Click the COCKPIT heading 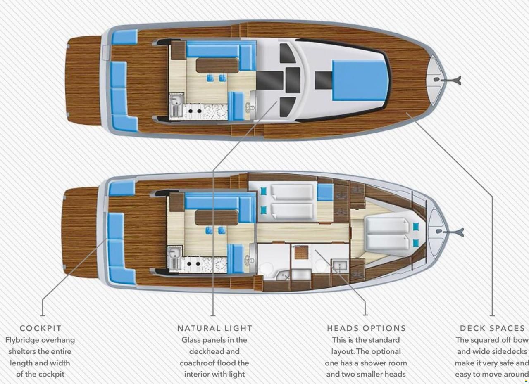click(x=41, y=328)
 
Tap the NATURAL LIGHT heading click(x=214, y=328)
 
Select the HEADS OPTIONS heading click(x=366, y=328)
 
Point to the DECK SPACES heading click(x=492, y=328)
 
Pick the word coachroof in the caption click(x=198, y=363)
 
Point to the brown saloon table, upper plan click(x=217, y=66)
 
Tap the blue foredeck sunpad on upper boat click(x=360, y=80)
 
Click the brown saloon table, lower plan click(x=217, y=218)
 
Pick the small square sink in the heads click(x=340, y=266)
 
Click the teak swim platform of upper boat click(x=83, y=81)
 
